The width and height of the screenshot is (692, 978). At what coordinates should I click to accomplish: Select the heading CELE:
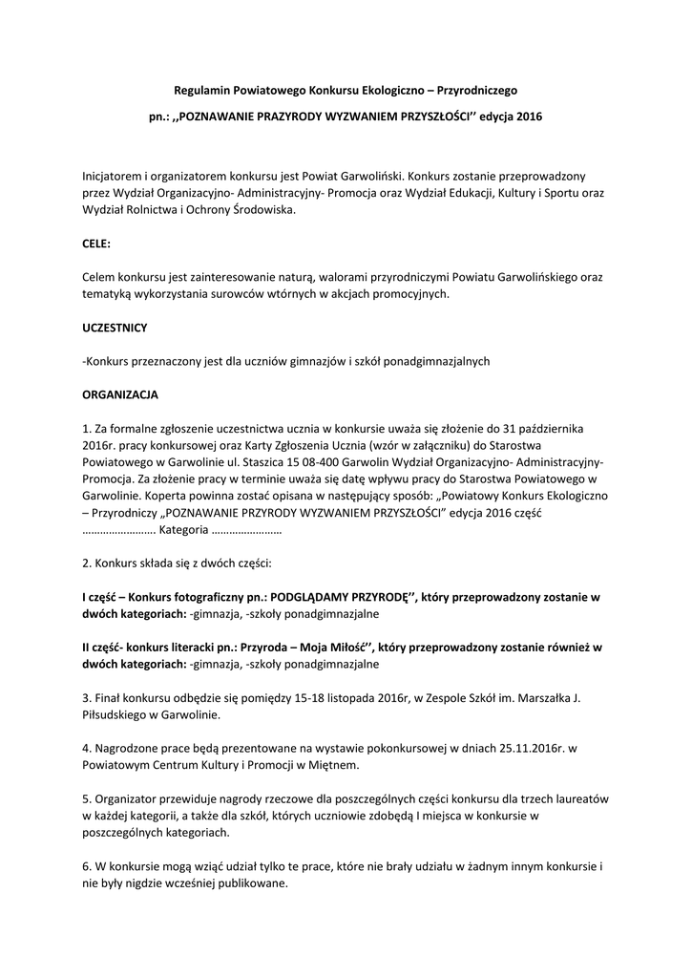point(96,244)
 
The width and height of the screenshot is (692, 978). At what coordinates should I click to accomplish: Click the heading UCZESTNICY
point(115,327)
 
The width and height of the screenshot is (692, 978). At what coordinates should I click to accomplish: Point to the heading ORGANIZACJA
point(120,393)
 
